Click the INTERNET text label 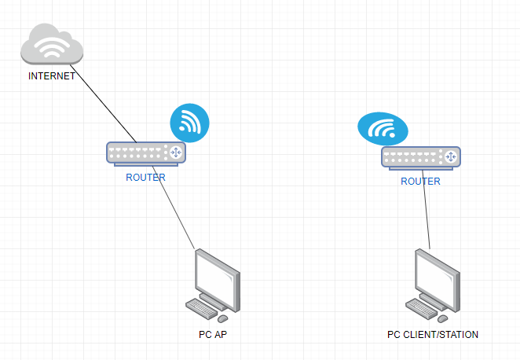tap(51, 76)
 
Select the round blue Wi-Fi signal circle tap(190, 123)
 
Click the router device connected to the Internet tap(146, 153)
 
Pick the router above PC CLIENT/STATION tap(421, 157)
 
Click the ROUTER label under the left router tap(146, 178)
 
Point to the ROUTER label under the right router tap(420, 182)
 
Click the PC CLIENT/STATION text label tap(433, 335)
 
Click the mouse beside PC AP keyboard tap(222, 318)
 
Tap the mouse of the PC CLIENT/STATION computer tap(442, 318)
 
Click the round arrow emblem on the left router tap(176, 152)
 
